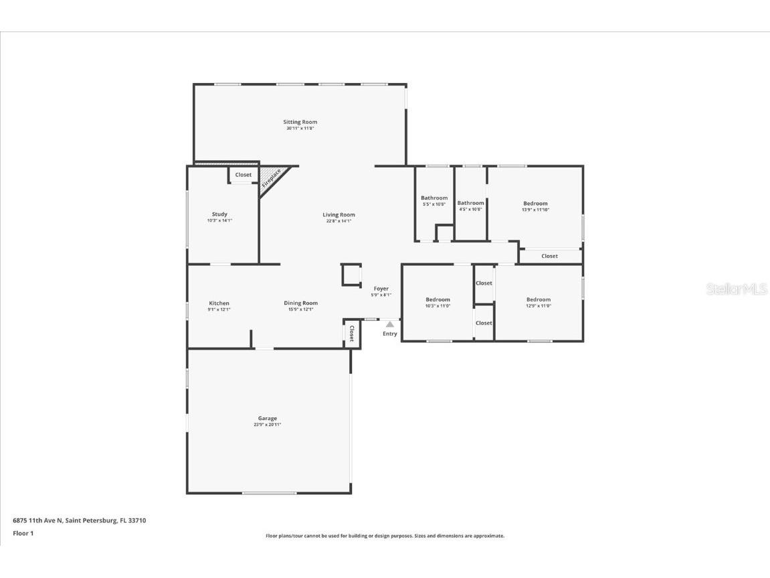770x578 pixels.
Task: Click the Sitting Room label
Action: [x=300, y=122]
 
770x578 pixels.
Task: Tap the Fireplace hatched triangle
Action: [x=272, y=179]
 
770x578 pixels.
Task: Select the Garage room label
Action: [x=268, y=419]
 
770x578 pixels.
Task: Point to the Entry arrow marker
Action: [x=389, y=324]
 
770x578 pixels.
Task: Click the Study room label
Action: [x=219, y=214]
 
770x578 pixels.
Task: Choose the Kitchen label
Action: [x=219, y=303]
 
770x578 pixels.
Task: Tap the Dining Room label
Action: [x=300, y=303]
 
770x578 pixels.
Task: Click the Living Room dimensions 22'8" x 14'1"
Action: [x=339, y=221]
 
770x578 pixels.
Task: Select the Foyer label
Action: [x=381, y=289]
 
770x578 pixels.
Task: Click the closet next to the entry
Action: [x=352, y=334]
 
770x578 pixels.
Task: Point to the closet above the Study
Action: [x=244, y=175]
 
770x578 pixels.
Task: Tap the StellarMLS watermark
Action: [x=736, y=289]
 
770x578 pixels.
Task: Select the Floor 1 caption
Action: [x=23, y=534]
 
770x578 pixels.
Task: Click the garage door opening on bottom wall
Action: [x=269, y=494]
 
